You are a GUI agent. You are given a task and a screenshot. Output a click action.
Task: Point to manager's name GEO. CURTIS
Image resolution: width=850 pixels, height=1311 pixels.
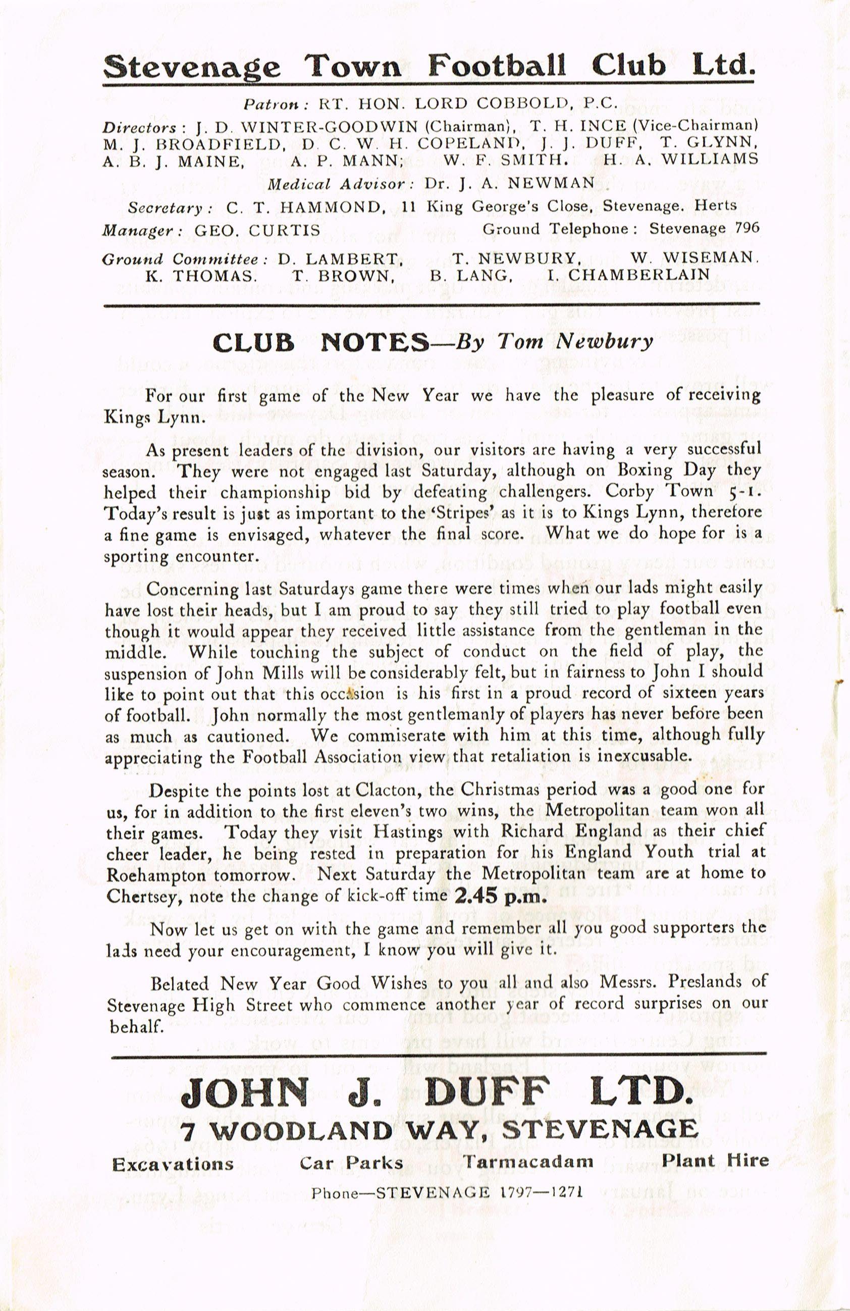[x=257, y=230]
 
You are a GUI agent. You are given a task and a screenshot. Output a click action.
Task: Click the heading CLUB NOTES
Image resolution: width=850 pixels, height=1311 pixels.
[x=320, y=343]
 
